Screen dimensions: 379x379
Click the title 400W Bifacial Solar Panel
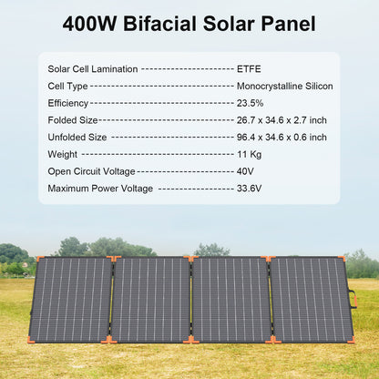pos(189,24)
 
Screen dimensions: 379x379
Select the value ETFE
pos(248,68)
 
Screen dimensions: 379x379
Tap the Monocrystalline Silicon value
pos(284,86)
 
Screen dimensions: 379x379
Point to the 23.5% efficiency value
pos(249,103)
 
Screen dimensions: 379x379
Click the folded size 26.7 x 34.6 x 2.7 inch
pos(281,119)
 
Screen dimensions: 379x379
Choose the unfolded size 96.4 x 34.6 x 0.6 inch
pos(281,137)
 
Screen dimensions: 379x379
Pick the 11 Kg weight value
pos(249,154)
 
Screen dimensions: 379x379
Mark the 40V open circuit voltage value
pos(245,170)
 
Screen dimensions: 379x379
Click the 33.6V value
pos(249,188)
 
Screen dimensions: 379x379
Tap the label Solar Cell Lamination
pos(93,68)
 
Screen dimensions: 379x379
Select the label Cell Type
pos(67,86)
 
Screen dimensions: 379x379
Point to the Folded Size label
pos(72,119)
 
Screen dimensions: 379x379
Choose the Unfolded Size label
pos(77,137)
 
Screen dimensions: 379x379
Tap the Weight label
pos(62,154)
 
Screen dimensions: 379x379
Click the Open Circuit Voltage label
pos(91,170)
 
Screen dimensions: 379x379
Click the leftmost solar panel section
pos(71,299)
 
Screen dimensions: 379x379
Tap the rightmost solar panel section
pos(311,299)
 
